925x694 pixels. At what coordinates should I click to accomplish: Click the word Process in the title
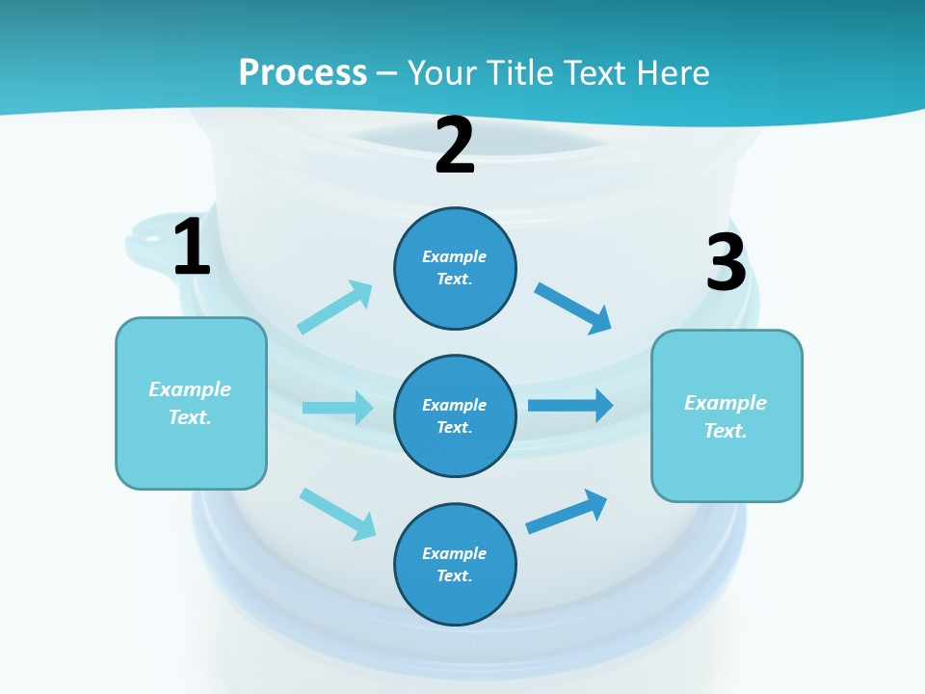click(303, 72)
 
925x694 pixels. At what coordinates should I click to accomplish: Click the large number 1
click(192, 248)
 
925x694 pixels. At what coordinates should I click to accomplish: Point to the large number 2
click(455, 147)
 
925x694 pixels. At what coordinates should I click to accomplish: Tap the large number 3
click(726, 262)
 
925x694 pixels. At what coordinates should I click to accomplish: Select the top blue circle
click(455, 268)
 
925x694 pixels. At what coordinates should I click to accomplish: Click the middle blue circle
click(455, 415)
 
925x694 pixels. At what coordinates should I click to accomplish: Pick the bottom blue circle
click(455, 564)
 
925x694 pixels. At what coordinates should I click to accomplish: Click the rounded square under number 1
click(191, 403)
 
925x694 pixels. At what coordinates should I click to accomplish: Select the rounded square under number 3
click(727, 415)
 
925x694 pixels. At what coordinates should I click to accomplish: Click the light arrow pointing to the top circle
click(335, 307)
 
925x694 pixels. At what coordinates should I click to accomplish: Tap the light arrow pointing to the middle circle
click(337, 408)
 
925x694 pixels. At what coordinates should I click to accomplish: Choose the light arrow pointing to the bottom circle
click(337, 513)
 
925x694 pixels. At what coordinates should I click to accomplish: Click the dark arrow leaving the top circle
click(573, 307)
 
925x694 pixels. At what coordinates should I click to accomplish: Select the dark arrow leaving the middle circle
click(570, 405)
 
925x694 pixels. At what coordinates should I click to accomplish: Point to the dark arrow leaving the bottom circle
click(567, 511)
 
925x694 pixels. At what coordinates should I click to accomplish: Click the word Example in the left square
click(190, 389)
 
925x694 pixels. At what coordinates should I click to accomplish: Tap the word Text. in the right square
click(726, 431)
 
